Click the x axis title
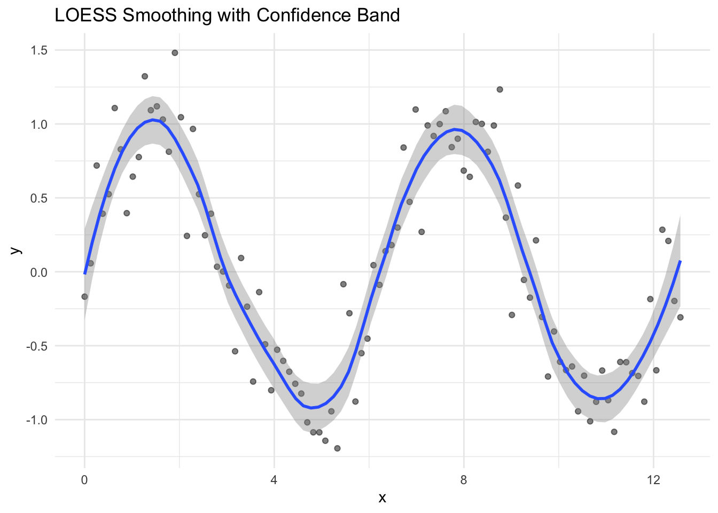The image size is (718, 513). click(x=382, y=498)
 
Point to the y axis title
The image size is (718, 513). click(x=15, y=250)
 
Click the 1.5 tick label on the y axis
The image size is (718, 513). click(x=39, y=50)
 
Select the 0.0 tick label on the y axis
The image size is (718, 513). click(x=39, y=272)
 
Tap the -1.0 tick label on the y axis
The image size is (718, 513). click(x=37, y=420)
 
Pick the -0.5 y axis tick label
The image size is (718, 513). click(x=37, y=346)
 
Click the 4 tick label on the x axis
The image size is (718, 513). click(x=274, y=480)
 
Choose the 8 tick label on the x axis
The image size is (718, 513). click(x=464, y=480)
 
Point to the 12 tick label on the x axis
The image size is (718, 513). click(x=653, y=480)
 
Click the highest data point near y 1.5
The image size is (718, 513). click(x=175, y=53)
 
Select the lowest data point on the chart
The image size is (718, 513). click(x=337, y=448)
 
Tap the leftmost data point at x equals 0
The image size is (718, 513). click(x=84, y=297)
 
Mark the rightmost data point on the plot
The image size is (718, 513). click(x=680, y=317)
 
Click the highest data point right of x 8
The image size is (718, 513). click(x=500, y=89)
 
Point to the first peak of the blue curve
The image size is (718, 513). click(x=153, y=120)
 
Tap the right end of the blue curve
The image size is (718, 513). click(x=680, y=261)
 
